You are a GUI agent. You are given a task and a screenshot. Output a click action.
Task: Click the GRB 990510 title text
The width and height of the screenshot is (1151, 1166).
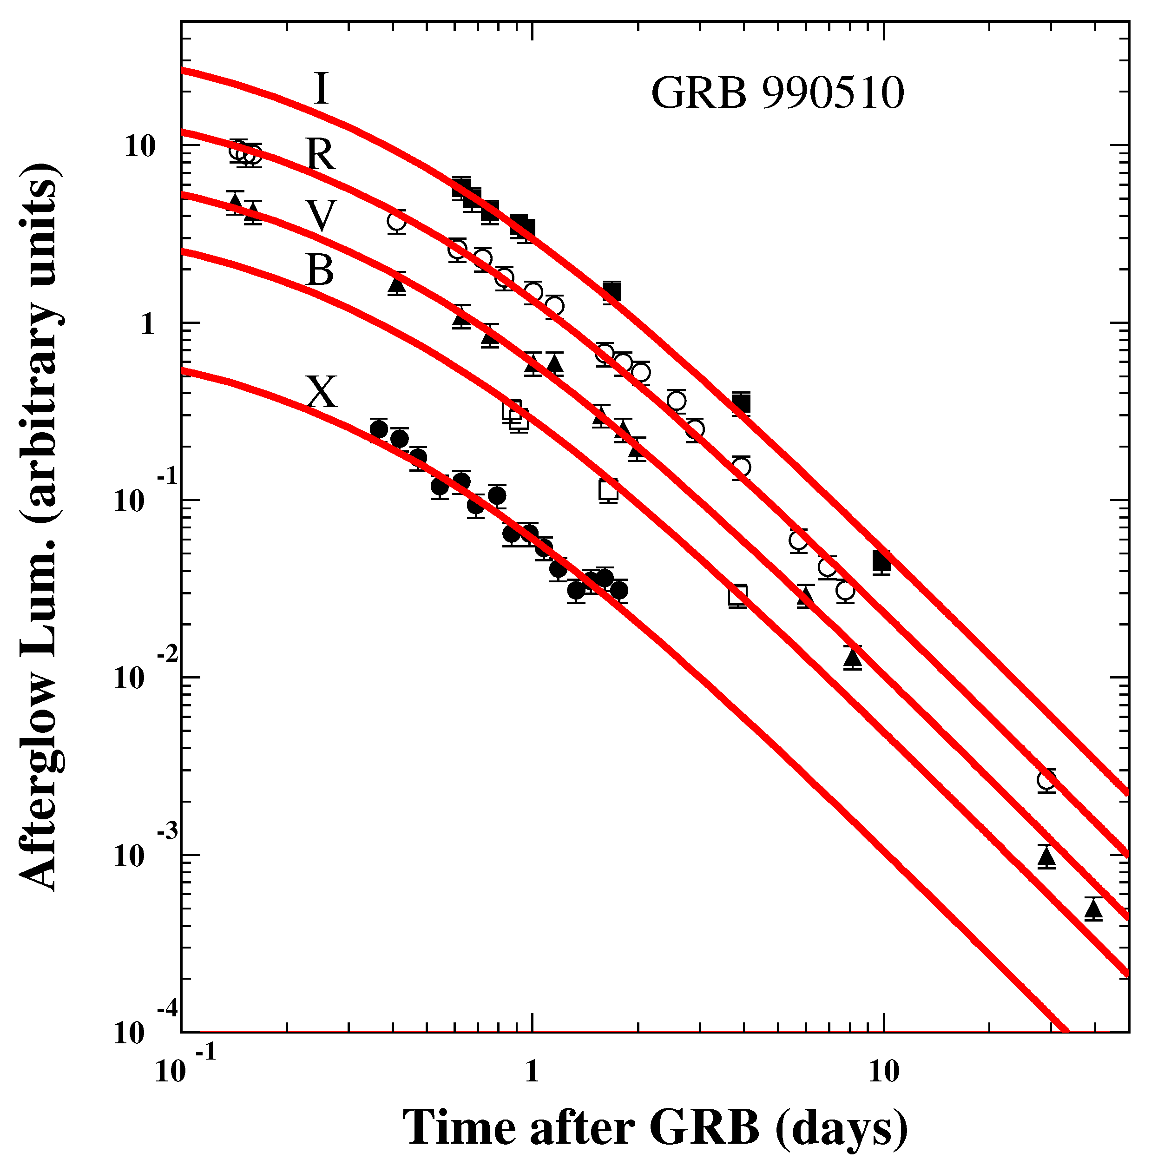pyautogui.click(x=777, y=95)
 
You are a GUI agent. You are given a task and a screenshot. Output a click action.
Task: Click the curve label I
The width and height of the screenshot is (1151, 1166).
pyautogui.click(x=322, y=89)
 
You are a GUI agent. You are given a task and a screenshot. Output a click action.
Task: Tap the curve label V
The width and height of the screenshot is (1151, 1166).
pyautogui.click(x=319, y=216)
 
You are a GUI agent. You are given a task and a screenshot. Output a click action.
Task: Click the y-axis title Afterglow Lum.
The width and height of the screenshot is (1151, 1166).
pyautogui.click(x=39, y=525)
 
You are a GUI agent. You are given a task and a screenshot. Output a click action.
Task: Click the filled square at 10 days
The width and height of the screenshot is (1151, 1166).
pyautogui.click(x=882, y=561)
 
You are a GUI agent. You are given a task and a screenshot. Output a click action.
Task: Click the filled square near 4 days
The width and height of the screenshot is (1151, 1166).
pyautogui.click(x=741, y=403)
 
